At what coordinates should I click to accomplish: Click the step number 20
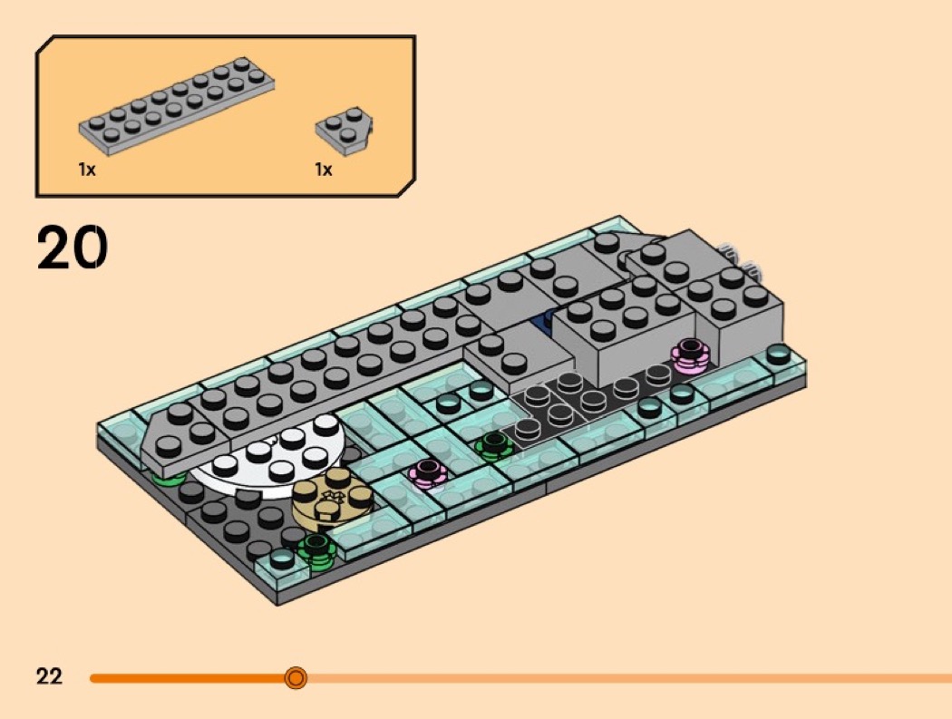73,247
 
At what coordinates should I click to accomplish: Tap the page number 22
49,676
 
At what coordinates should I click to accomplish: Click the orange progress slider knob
296,677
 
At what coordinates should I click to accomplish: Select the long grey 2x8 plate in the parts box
177,105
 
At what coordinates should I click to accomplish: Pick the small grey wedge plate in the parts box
345,126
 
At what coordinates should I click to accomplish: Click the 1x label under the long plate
87,170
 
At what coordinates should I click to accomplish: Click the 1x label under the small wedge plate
324,170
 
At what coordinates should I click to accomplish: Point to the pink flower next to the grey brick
690,355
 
